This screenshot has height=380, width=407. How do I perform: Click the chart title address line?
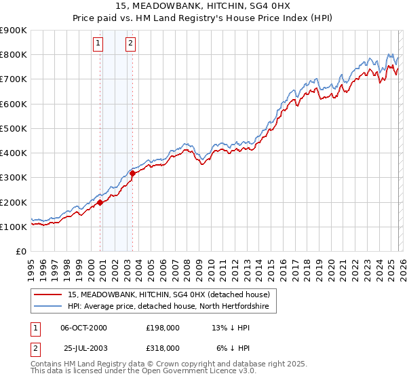click(203, 6)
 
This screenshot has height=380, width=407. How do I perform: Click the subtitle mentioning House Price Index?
click(203, 18)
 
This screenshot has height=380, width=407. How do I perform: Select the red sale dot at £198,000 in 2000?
click(100, 202)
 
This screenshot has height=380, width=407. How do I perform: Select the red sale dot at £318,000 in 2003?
click(133, 173)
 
